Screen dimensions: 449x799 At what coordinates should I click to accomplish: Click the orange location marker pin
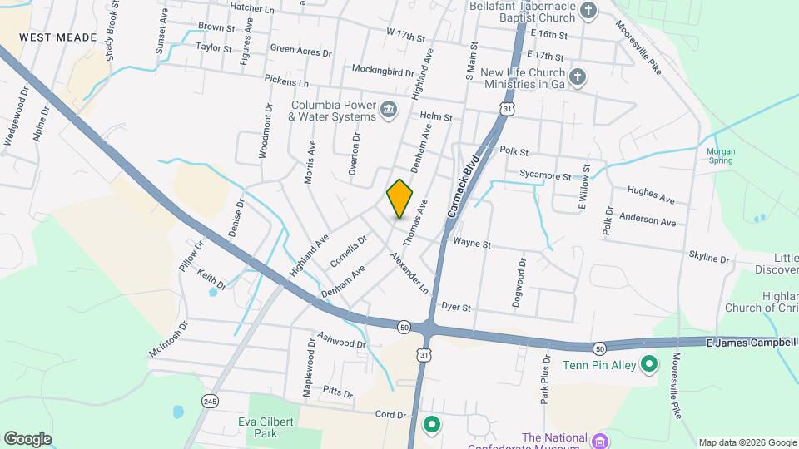[399, 199]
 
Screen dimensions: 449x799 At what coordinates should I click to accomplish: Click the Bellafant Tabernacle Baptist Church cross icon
[588, 11]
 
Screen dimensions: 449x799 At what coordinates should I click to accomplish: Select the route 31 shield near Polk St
[507, 108]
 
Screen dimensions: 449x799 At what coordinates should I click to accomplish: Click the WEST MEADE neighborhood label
[58, 38]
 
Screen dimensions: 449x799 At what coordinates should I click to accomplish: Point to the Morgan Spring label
[720, 155]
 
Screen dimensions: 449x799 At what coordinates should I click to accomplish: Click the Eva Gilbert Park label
[265, 427]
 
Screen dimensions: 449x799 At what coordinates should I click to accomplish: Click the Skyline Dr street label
[708, 257]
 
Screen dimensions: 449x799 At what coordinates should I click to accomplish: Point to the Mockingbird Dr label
[383, 69]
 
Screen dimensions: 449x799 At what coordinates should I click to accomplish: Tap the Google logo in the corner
[27, 438]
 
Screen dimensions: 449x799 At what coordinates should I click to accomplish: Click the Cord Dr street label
[390, 414]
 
